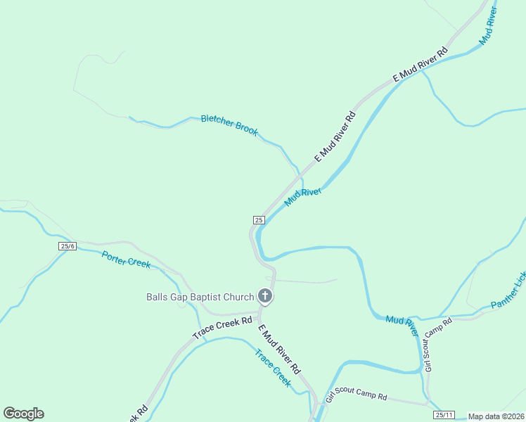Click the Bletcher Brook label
(x=229, y=124)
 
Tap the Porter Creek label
(x=126, y=259)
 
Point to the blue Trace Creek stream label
(x=273, y=368)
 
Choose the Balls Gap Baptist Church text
(x=200, y=297)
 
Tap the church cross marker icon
(x=265, y=296)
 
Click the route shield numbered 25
(x=259, y=220)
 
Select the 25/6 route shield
(x=68, y=246)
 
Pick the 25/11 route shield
(x=443, y=415)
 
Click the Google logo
(x=23, y=414)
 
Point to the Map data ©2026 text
(x=496, y=416)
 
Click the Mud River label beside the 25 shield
(x=302, y=197)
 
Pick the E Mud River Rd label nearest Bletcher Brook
(x=335, y=135)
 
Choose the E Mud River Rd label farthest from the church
(x=420, y=65)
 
